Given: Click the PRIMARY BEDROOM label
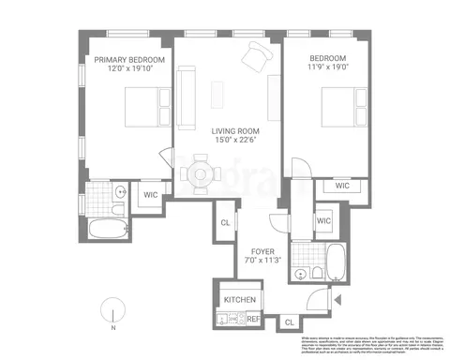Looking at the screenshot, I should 129,60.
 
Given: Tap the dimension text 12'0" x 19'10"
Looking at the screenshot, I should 129,69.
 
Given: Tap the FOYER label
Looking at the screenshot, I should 262,251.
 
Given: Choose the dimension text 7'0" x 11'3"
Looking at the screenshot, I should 262,262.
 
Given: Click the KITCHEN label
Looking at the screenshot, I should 240,300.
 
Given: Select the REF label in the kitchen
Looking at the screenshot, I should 252,319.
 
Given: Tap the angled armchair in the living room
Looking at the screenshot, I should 253,59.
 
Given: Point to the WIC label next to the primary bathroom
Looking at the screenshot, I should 150,196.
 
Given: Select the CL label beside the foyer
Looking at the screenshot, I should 226,222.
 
